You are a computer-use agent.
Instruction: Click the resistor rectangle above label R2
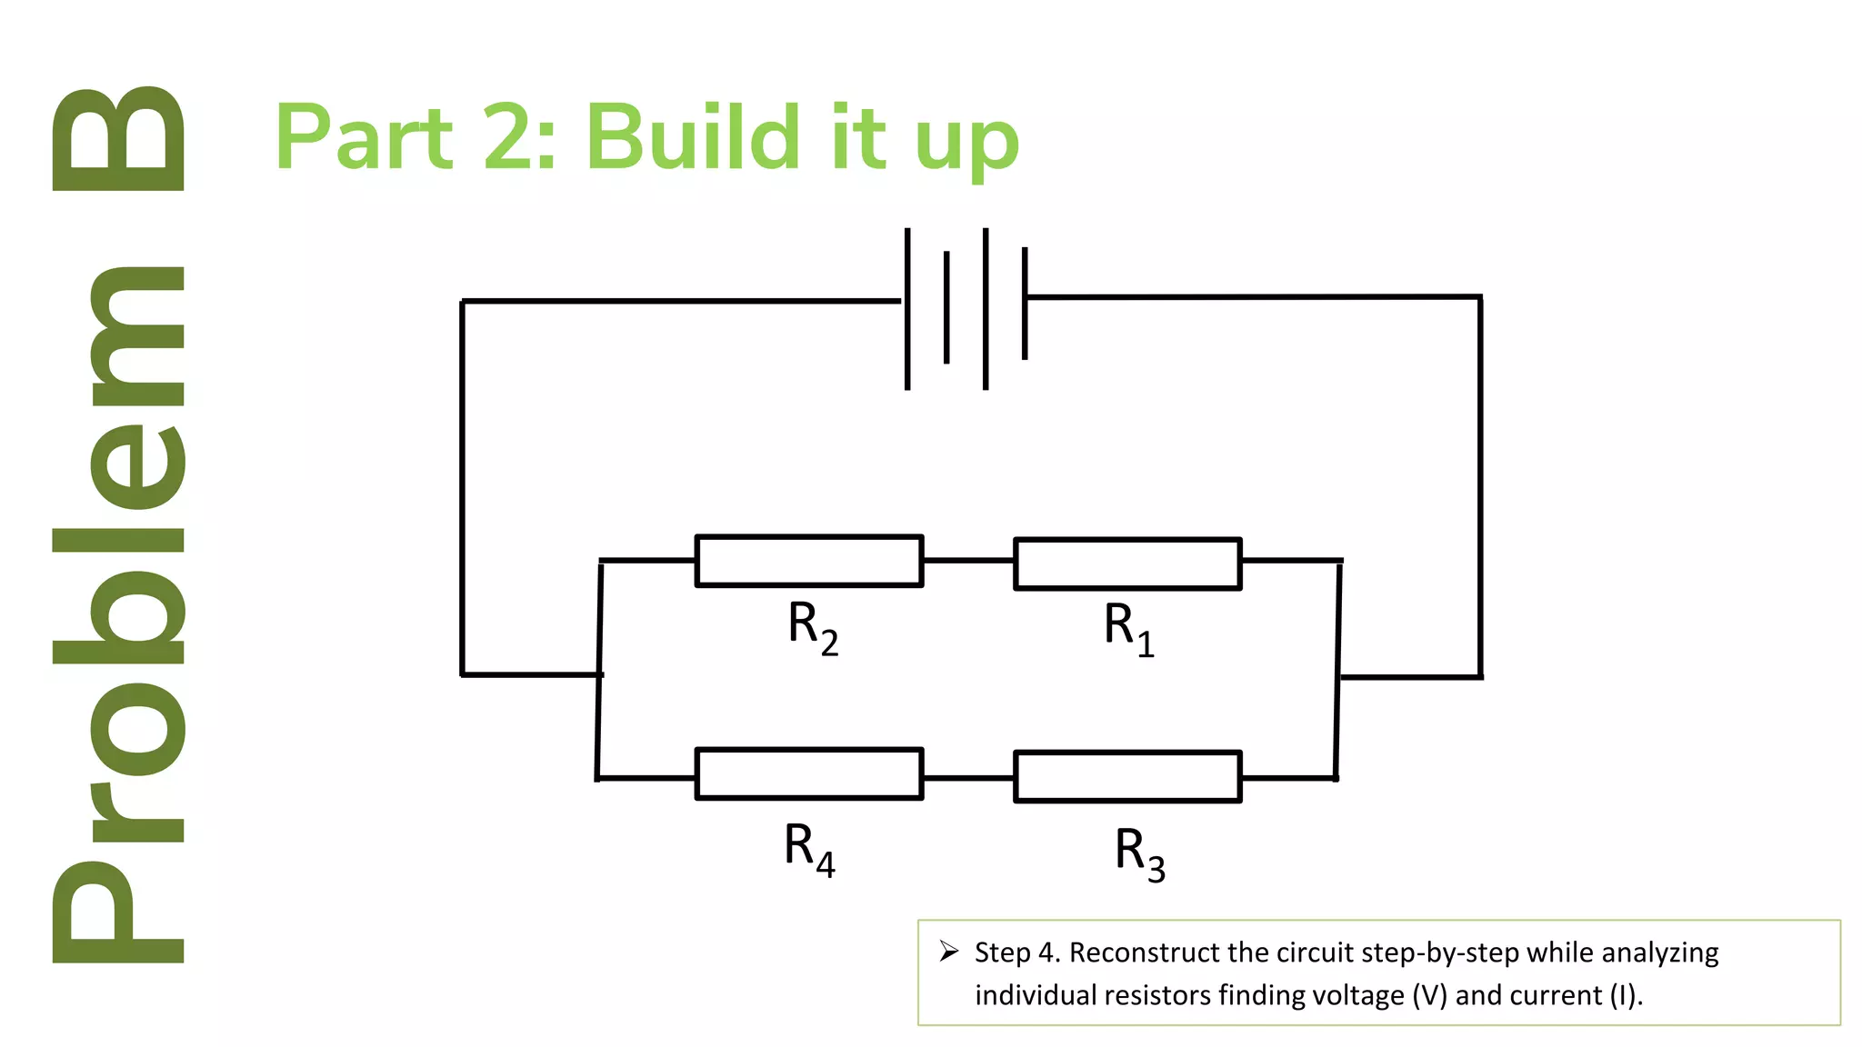808,561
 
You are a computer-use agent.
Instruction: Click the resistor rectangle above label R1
1127,563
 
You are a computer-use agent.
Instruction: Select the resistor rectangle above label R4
808,773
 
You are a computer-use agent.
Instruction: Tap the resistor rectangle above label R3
1127,776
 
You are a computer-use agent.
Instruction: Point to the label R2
812,627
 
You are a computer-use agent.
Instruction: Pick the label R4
808,849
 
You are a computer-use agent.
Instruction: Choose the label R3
1139,853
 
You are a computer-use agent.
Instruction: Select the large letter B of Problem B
118,138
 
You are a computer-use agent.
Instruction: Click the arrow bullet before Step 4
949,952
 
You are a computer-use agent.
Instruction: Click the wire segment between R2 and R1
968,561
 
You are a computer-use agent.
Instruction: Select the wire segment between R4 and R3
968,778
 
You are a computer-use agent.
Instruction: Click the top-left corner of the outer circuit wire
462,301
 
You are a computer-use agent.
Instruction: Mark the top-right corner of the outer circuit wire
1480,296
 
